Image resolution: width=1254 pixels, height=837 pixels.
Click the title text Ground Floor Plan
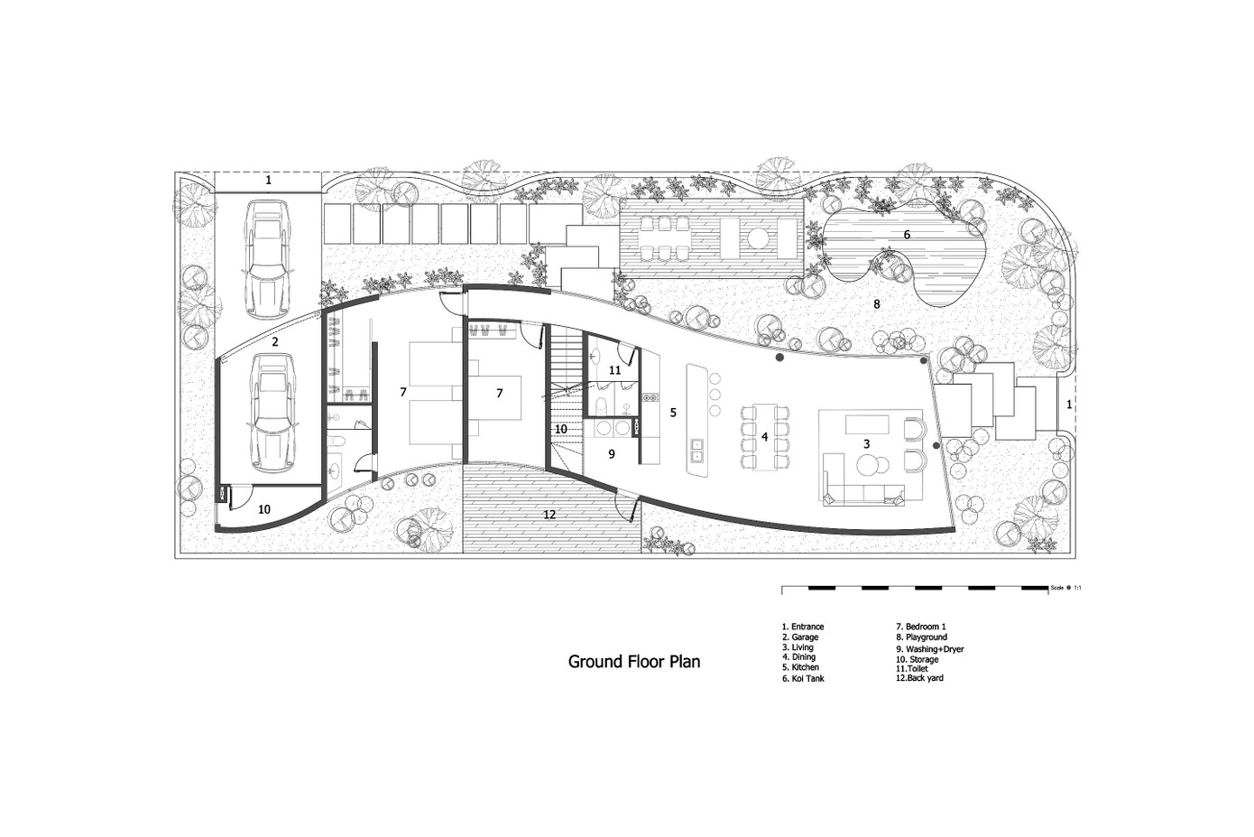tap(633, 662)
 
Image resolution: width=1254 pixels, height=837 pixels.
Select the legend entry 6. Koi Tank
tap(803, 678)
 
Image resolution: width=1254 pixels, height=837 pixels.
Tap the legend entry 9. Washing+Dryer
tap(930, 649)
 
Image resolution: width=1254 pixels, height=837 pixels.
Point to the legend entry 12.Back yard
tap(920, 678)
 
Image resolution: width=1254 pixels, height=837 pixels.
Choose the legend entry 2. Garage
tap(800, 637)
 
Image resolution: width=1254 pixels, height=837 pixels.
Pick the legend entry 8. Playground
tap(921, 637)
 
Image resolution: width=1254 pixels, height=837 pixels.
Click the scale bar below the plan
tap(915, 589)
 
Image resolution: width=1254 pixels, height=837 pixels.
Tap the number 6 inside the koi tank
tap(907, 235)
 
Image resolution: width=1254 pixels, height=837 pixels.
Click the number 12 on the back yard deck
tap(549, 514)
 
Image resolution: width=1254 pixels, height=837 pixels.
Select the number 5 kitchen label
tap(673, 413)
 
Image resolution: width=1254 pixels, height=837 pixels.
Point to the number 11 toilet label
tap(614, 370)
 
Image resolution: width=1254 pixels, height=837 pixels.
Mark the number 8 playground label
tap(877, 304)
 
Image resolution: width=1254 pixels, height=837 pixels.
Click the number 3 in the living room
tap(867, 444)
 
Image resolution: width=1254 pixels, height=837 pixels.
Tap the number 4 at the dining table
tap(765, 437)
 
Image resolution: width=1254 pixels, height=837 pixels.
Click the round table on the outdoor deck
tap(759, 238)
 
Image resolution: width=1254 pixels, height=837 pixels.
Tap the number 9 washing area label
tap(612, 454)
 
